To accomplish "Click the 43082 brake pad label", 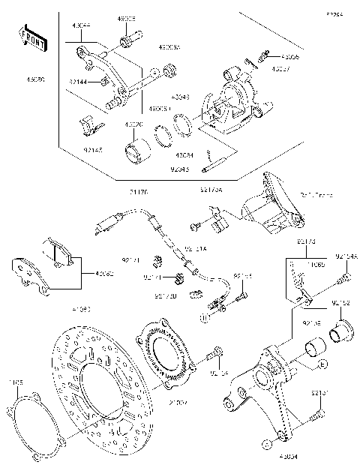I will [x=101, y=274].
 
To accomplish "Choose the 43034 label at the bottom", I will [x=288, y=455].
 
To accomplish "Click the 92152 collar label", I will [x=340, y=303].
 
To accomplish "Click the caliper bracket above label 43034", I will [x=270, y=390].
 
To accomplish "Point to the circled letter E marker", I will [x=322, y=364].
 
